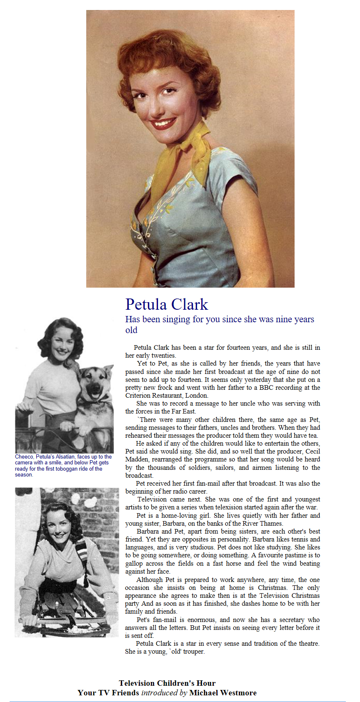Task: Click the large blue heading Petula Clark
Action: [x=167, y=305]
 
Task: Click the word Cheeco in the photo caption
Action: [x=24, y=457]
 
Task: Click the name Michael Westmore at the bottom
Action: [x=223, y=692]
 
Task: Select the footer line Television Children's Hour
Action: [x=167, y=683]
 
